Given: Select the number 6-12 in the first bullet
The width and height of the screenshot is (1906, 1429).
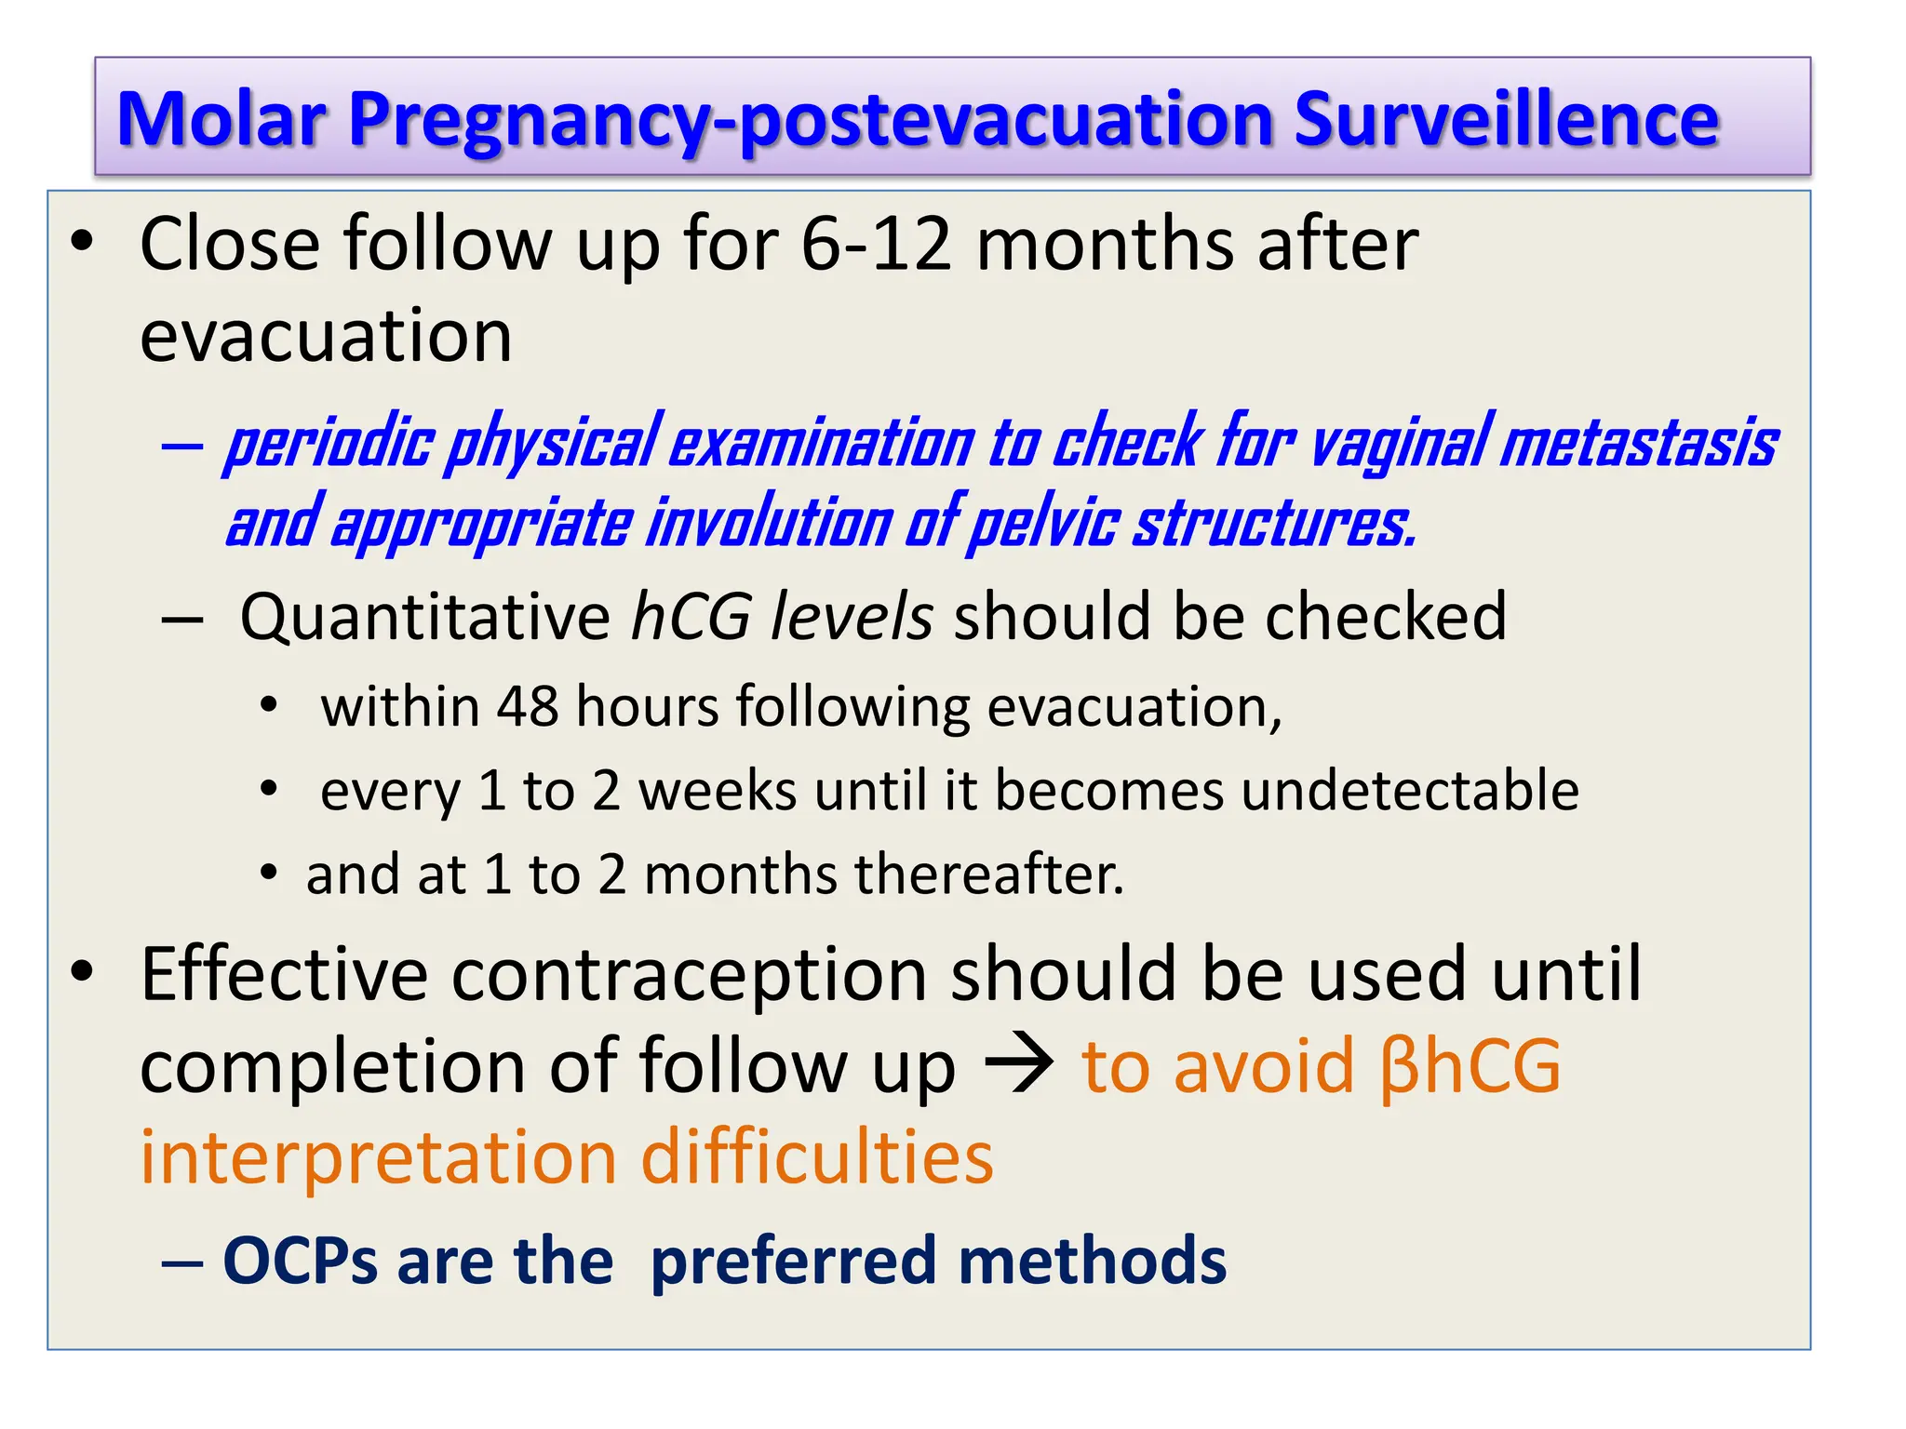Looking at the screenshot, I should click(x=876, y=244).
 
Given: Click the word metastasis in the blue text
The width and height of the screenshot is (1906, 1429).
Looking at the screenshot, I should click(x=1638, y=443).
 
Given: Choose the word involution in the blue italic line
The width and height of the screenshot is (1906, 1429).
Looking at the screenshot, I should click(x=768, y=523).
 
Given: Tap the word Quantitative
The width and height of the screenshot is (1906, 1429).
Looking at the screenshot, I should click(x=424, y=617).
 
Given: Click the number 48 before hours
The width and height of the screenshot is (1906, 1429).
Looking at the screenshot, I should click(x=527, y=706).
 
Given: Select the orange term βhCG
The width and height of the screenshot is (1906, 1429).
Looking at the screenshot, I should click(x=1470, y=1066).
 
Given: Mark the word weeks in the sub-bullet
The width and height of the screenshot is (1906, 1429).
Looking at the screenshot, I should click(x=717, y=790).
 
